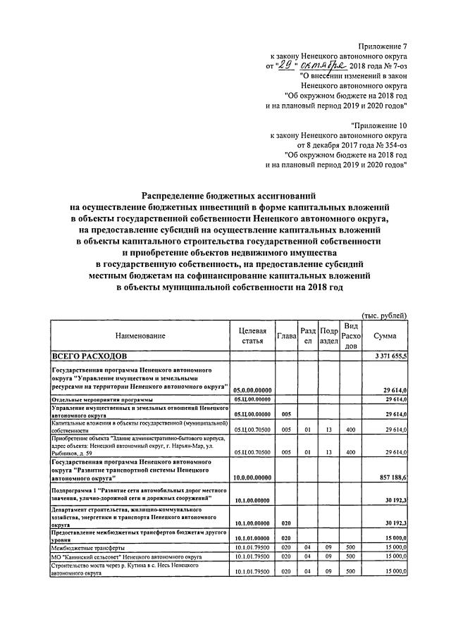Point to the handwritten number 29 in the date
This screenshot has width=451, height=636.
pos(265,65)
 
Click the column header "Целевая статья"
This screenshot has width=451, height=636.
pos(252,336)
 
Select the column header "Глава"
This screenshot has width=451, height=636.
pos(285,337)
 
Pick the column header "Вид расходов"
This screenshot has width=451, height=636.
pos(351,336)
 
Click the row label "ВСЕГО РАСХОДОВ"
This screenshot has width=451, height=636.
pos(86,357)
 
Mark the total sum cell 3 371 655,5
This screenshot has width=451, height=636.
pos(386,357)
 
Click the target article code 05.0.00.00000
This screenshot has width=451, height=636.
pos(252,388)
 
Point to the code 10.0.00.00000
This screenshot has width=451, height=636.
pos(252,477)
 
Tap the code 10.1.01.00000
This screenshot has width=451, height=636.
pos(252,537)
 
